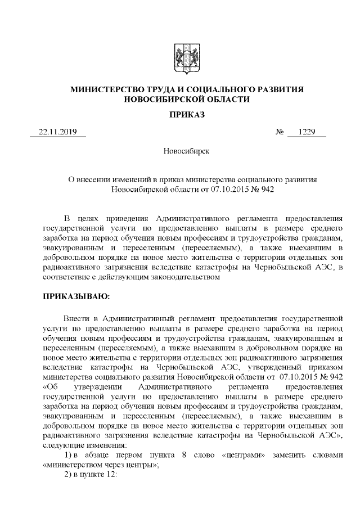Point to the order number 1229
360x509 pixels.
307,132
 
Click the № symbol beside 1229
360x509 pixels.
279,133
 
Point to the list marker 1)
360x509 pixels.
67,454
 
